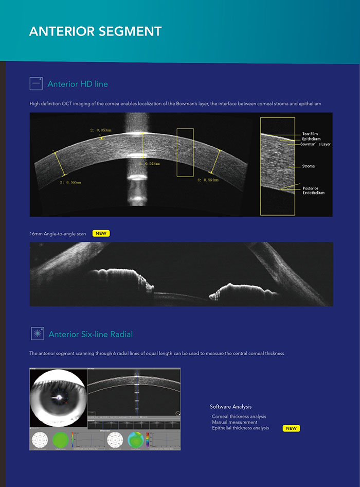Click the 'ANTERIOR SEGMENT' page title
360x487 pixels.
(x=95, y=31)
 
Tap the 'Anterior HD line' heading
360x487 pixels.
(x=78, y=84)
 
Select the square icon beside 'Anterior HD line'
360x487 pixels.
(x=36, y=83)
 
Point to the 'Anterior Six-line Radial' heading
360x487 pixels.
(x=91, y=334)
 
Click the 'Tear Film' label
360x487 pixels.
(x=310, y=134)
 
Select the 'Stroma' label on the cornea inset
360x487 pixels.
(x=309, y=166)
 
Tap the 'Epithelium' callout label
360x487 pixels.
(x=312, y=139)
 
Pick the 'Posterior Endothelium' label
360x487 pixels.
(x=313, y=190)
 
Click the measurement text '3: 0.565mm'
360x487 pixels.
(x=70, y=182)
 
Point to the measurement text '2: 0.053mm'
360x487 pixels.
(x=101, y=131)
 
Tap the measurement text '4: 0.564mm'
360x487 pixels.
(x=208, y=180)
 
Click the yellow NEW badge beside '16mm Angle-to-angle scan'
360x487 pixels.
(x=101, y=233)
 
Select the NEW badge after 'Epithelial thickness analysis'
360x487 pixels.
(x=291, y=428)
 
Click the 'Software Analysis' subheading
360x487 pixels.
(x=231, y=407)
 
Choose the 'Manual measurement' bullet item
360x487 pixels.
(x=235, y=422)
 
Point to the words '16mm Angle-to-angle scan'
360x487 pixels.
(x=58, y=233)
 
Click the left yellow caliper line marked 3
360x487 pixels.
(x=60, y=164)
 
